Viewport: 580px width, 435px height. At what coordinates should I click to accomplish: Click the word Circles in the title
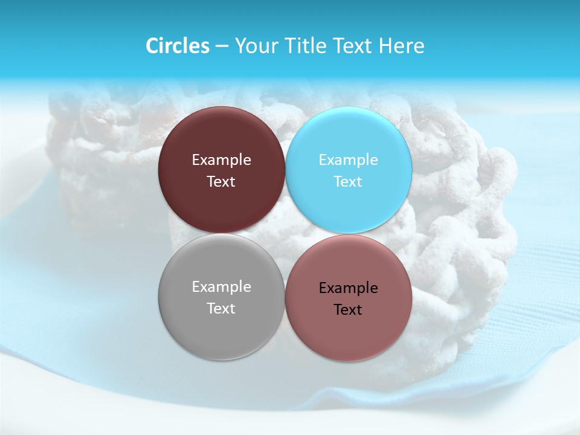tap(177, 46)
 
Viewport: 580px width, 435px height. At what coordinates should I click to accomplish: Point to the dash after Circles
tap(221, 47)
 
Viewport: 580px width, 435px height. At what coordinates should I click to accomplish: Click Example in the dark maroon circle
tap(221, 160)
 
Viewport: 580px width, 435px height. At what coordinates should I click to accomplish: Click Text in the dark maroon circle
tap(221, 181)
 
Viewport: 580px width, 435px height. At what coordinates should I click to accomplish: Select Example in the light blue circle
tap(348, 160)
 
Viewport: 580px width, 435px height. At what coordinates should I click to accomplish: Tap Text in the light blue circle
tap(348, 181)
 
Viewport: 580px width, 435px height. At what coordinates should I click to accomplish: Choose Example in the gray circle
tap(221, 287)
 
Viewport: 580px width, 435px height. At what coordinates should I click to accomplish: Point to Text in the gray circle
tap(221, 308)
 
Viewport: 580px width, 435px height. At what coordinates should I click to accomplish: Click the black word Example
tap(348, 288)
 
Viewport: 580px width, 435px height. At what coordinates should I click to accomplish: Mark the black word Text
tap(348, 309)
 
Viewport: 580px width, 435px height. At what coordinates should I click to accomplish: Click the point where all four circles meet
tap(285, 233)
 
